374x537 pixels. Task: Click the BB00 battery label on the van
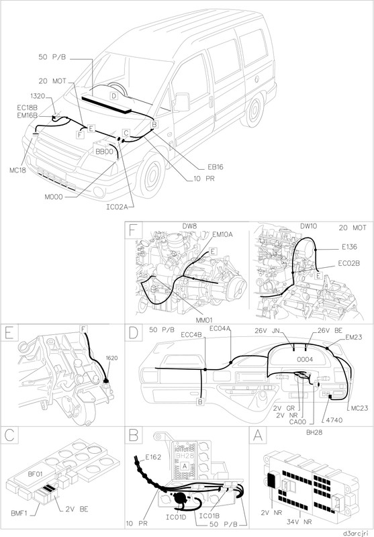(104, 152)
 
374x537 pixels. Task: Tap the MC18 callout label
(17, 170)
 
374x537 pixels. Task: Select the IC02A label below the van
(117, 207)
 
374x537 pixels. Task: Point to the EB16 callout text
(216, 167)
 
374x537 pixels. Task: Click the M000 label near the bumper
(54, 197)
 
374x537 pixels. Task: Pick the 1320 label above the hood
(38, 96)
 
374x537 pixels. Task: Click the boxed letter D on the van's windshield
(114, 96)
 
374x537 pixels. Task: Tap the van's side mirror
(181, 102)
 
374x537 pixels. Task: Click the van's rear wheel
(254, 109)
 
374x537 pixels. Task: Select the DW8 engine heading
(189, 226)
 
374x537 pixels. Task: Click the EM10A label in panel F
(223, 234)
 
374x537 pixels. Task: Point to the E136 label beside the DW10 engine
(349, 247)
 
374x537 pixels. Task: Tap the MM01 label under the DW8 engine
(204, 320)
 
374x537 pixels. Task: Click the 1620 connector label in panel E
(111, 358)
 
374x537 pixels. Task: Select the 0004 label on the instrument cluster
(305, 359)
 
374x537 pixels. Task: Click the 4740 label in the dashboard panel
(334, 420)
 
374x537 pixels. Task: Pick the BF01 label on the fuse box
(36, 475)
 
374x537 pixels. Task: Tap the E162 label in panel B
(153, 457)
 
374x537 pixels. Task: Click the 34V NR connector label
(299, 522)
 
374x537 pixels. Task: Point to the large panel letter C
(9, 435)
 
